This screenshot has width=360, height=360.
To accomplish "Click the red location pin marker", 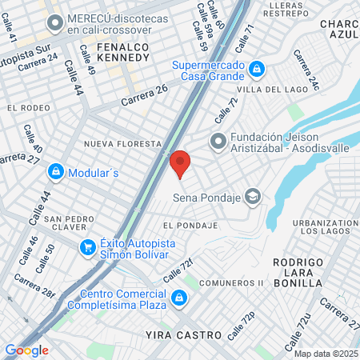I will click(x=179, y=162).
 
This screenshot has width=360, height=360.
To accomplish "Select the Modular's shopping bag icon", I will click(x=56, y=171).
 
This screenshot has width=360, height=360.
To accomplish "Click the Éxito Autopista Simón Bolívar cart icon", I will click(x=87, y=247).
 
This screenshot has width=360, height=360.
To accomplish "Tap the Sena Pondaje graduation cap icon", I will click(x=253, y=196).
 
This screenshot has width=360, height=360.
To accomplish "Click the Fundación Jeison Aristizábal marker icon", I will click(x=218, y=141).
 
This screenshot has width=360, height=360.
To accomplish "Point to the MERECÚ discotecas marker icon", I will click(x=55, y=23).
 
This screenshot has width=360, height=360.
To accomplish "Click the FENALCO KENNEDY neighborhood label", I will click(x=123, y=53).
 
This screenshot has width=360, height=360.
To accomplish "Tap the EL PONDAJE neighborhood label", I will click(x=190, y=226).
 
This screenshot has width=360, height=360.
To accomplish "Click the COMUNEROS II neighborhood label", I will click(x=231, y=283).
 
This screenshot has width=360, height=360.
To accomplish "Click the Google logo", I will click(x=26, y=350).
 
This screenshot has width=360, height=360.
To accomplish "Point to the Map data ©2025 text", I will click(x=326, y=354).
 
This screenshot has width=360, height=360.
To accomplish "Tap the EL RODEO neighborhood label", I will click(x=23, y=106).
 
